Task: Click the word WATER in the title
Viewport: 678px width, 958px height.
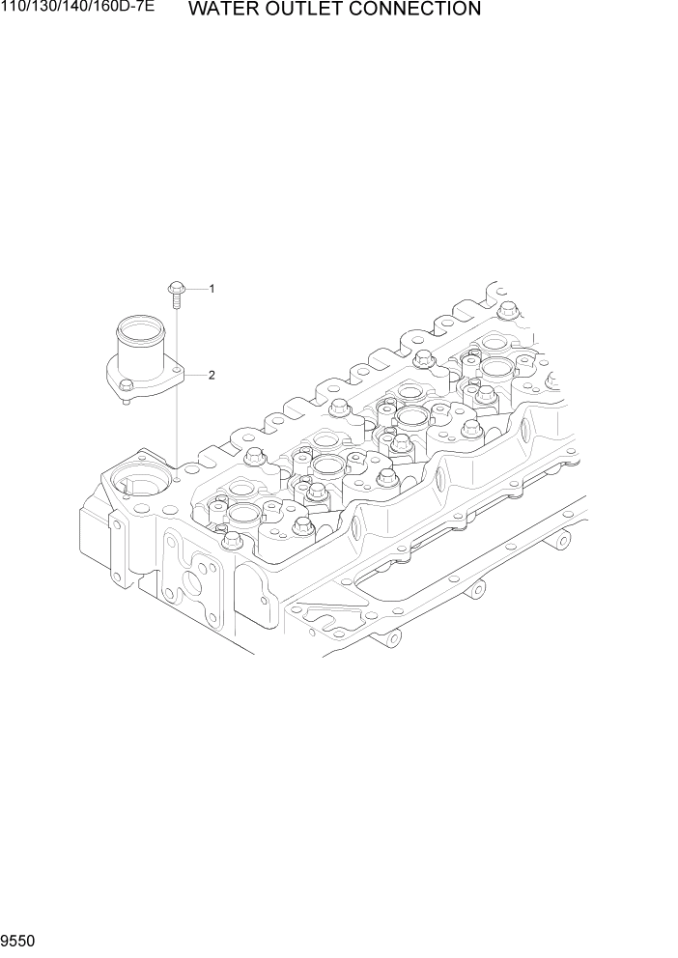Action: [224, 11]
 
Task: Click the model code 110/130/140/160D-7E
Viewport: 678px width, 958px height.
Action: [77, 9]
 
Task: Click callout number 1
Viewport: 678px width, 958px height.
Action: [211, 289]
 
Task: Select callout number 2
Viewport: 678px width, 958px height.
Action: [211, 375]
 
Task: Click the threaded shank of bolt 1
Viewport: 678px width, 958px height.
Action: [177, 300]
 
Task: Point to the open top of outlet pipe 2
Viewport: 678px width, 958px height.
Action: [135, 330]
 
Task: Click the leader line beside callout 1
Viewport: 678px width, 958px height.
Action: [196, 289]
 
